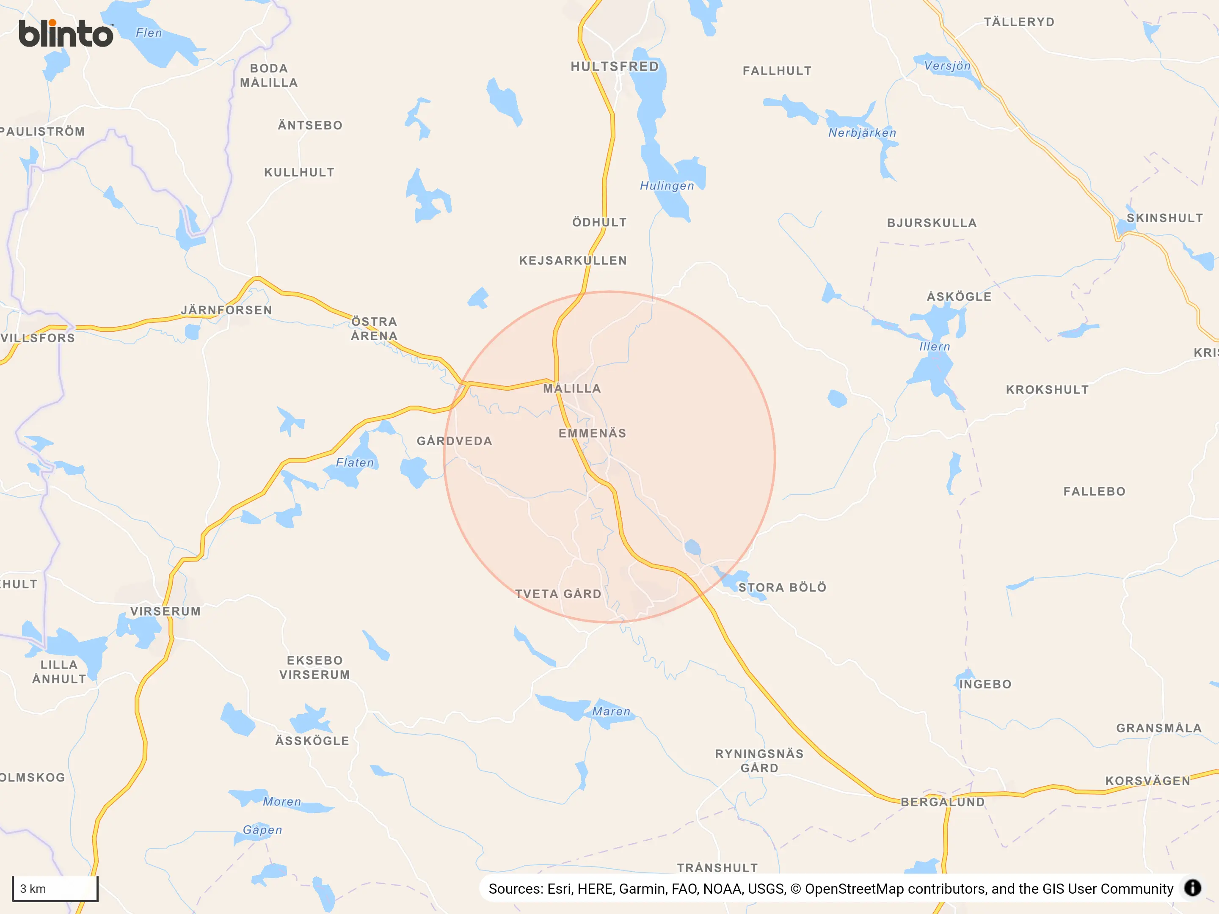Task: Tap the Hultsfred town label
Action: pyautogui.click(x=615, y=67)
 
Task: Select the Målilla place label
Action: pyautogui.click(x=572, y=388)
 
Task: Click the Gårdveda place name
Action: pyautogui.click(x=454, y=441)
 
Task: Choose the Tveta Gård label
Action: pyautogui.click(x=558, y=594)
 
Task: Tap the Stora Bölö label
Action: pyautogui.click(x=782, y=587)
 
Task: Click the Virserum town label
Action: pyautogui.click(x=165, y=611)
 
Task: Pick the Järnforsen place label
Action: pyautogui.click(x=226, y=310)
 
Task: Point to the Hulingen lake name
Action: pyautogui.click(x=667, y=186)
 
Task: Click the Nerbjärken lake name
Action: pyautogui.click(x=862, y=133)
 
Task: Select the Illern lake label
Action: pyautogui.click(x=935, y=347)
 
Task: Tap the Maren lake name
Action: pyautogui.click(x=611, y=711)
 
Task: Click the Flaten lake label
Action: pyautogui.click(x=355, y=463)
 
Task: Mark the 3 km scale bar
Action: pyautogui.click(x=55, y=888)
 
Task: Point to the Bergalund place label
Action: pyautogui.click(x=942, y=802)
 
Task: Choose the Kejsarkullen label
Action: pyautogui.click(x=573, y=261)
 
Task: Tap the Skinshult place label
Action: pyautogui.click(x=1164, y=218)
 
